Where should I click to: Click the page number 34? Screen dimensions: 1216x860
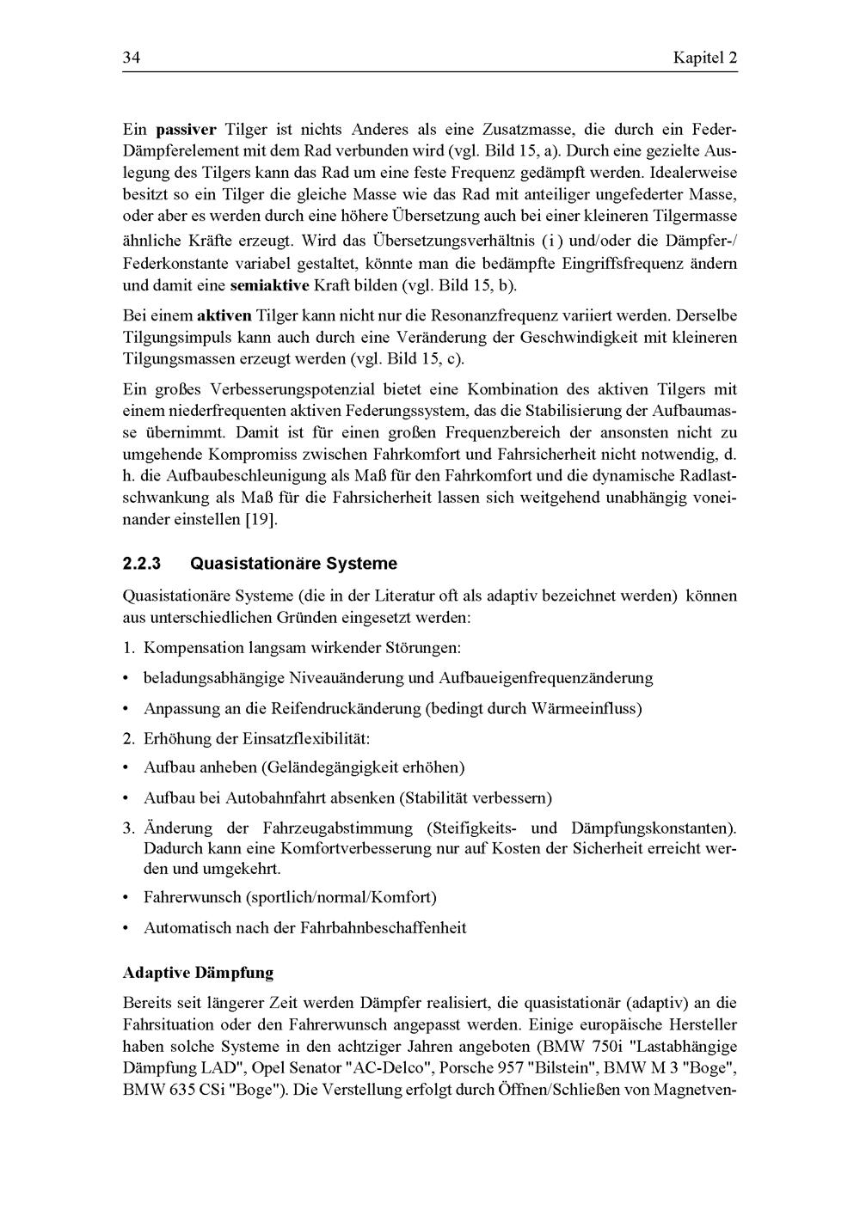click(132, 58)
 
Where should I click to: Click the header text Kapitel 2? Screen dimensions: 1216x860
click(704, 58)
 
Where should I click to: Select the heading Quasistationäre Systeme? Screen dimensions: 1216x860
click(293, 564)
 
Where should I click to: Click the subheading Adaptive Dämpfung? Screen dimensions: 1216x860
click(198, 973)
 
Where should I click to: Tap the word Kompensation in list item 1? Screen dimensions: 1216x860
click(190, 646)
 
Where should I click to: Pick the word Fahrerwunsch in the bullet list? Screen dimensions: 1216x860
click(192, 897)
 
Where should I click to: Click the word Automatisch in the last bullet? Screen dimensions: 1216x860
click(187, 928)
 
